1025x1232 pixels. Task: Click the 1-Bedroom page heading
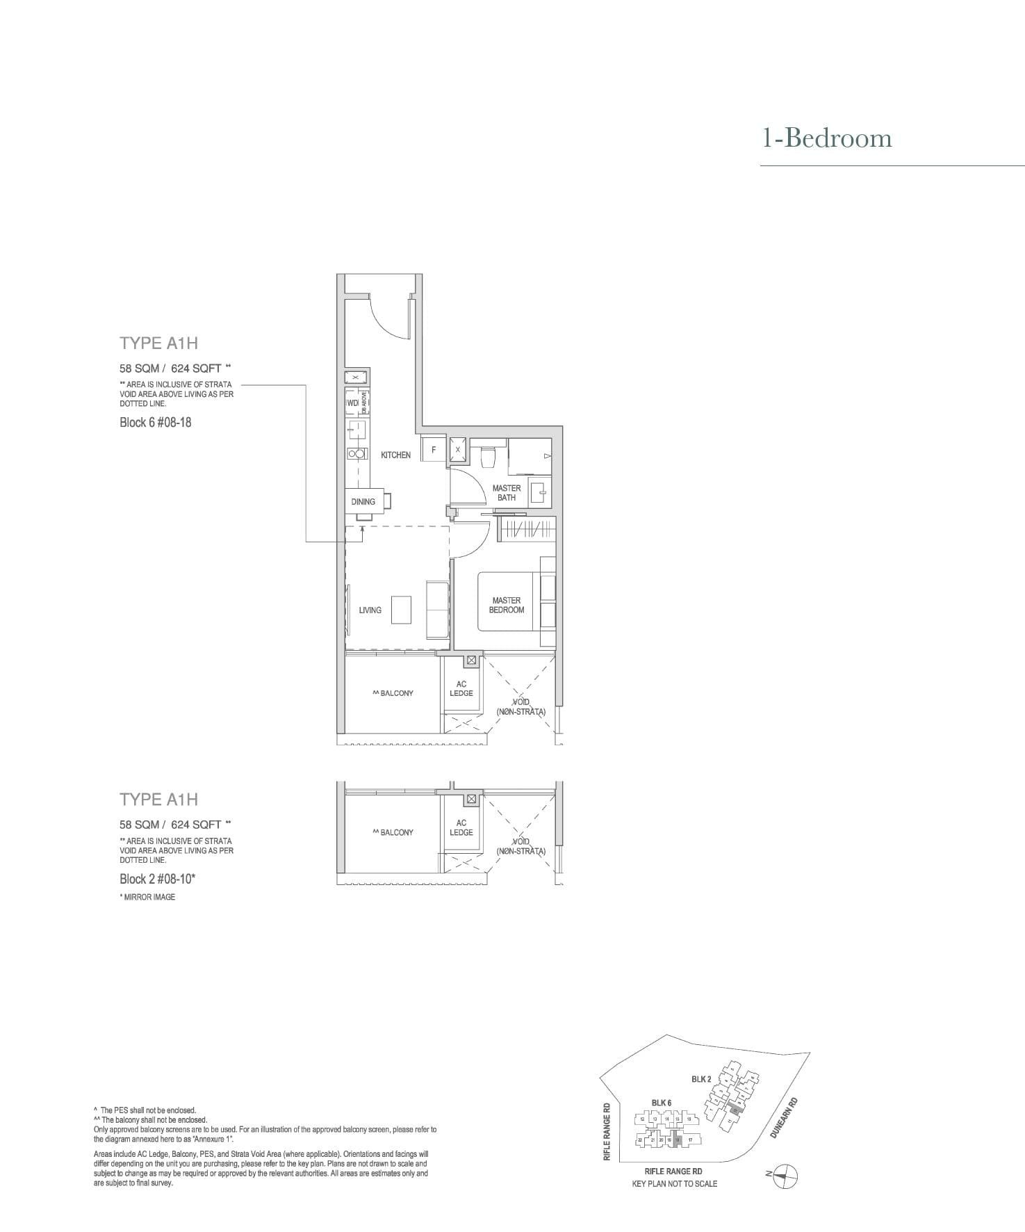826,138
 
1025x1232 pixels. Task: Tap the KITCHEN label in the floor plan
395,455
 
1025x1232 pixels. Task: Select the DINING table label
363,501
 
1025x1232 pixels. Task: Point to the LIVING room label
370,610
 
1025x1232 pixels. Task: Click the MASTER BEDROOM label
507,605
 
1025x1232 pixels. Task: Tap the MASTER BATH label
506,493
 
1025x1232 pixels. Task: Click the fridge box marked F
434,450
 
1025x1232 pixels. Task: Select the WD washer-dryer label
352,403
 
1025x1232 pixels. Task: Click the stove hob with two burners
357,453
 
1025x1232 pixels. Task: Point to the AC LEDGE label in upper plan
461,688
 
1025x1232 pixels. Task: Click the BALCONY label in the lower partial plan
393,832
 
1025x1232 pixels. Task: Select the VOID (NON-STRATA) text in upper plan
520,707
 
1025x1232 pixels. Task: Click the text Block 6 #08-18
155,422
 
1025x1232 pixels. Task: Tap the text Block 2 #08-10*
157,879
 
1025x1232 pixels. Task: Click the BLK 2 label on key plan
700,1079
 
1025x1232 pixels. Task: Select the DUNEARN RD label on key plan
784,1118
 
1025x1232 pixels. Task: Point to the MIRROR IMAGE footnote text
148,897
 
